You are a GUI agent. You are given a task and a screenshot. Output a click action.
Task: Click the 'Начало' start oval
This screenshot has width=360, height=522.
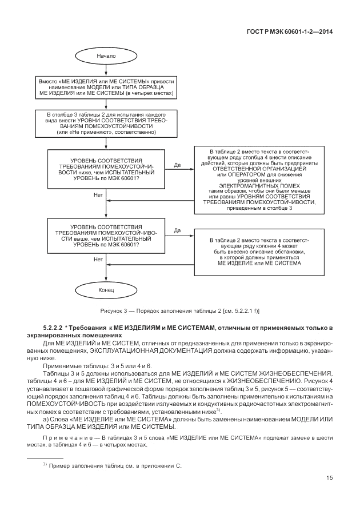(106, 57)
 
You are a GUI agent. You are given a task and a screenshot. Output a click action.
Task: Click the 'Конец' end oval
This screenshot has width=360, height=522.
(106, 290)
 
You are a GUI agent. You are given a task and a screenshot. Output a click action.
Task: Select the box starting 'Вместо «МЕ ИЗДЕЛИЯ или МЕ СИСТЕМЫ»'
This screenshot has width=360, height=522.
(107, 86)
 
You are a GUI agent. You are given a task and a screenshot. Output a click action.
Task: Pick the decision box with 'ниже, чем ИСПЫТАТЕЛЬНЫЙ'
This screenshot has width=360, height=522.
(106, 169)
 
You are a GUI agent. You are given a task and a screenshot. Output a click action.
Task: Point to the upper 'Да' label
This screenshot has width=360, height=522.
(177, 165)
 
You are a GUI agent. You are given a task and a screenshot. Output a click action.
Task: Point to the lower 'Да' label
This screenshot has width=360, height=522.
(177, 230)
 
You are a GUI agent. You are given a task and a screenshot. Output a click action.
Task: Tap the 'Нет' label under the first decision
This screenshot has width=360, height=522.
(98, 194)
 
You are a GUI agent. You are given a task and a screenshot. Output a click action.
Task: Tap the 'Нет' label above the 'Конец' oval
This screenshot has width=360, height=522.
(98, 259)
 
